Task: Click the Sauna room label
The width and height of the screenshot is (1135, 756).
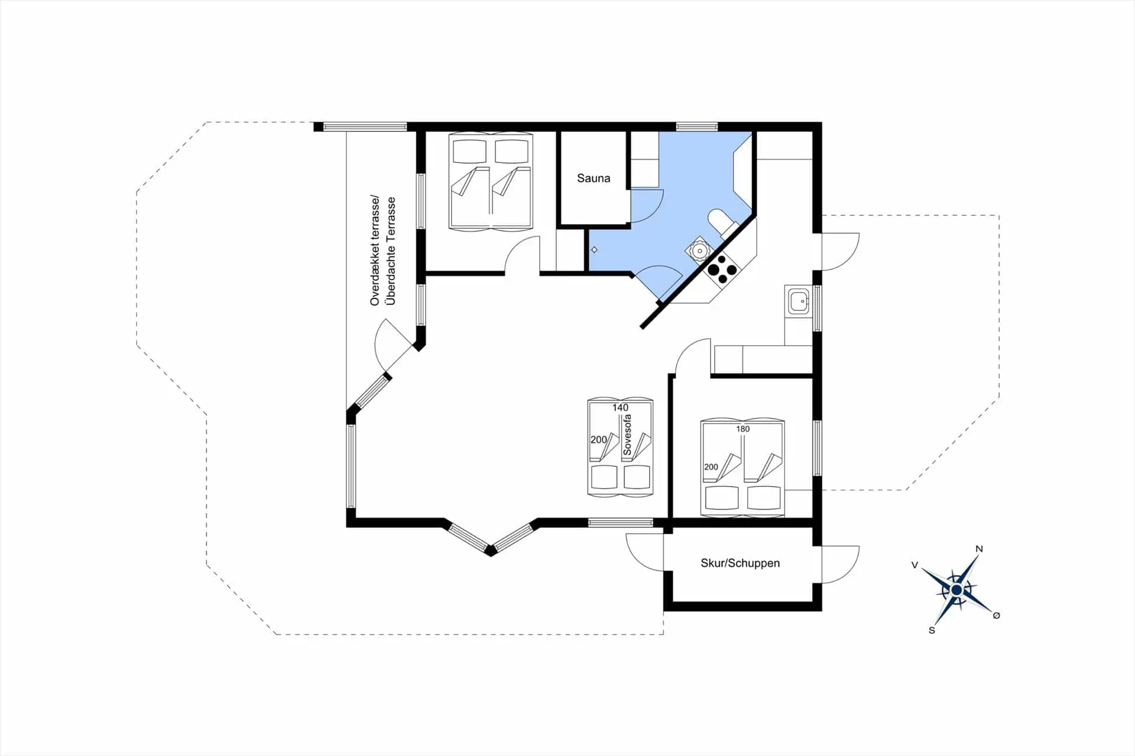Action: click(x=594, y=178)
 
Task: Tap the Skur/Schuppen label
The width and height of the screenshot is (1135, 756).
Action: click(x=740, y=563)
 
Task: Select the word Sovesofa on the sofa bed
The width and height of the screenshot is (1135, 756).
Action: click(x=627, y=435)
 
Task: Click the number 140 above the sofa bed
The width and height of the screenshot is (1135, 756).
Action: click(x=620, y=407)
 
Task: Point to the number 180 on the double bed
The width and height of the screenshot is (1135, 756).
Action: click(x=743, y=429)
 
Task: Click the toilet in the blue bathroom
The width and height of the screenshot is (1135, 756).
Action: click(x=721, y=221)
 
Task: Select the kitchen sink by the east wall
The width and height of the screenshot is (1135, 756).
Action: click(x=798, y=302)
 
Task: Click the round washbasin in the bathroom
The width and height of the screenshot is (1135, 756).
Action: click(x=700, y=251)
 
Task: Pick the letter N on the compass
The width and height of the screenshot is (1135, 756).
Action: click(x=979, y=549)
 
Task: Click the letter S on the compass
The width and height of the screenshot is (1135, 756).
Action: click(x=932, y=630)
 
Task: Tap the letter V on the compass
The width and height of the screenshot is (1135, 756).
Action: click(x=915, y=565)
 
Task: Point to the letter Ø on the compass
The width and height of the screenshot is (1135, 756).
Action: click(x=996, y=615)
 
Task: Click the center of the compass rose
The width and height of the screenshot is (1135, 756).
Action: click(x=956, y=589)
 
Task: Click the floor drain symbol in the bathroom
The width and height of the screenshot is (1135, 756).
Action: click(x=594, y=250)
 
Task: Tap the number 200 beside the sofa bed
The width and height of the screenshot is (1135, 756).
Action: click(x=598, y=439)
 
